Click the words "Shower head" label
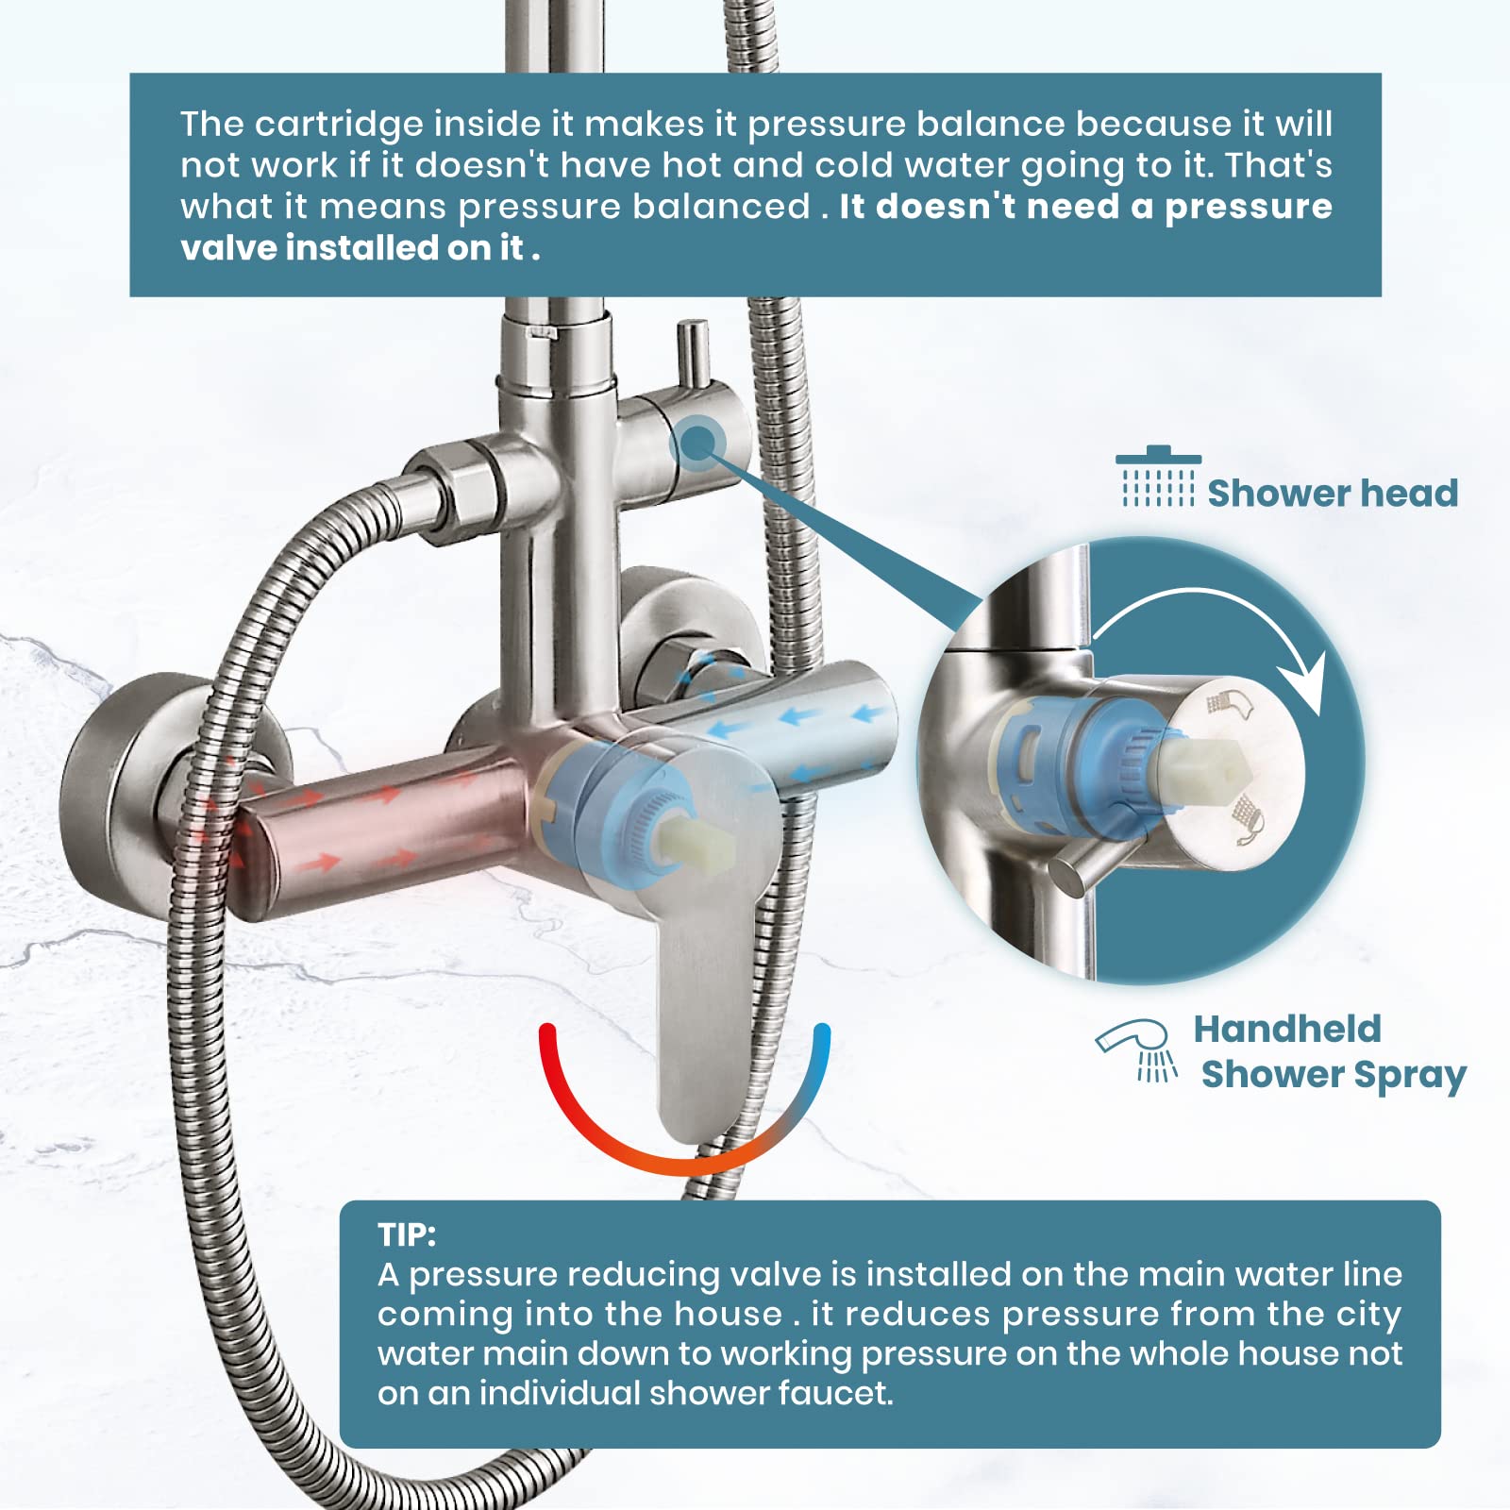[x=1332, y=494]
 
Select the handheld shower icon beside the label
[x=1138, y=1048]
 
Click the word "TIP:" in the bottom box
[x=407, y=1234]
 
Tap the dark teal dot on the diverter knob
[x=696, y=442]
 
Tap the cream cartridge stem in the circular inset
[x=1202, y=769]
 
